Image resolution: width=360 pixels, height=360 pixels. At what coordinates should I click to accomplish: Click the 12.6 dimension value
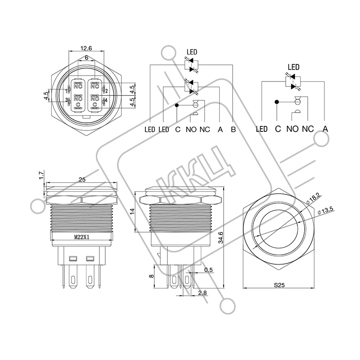pos(86,48)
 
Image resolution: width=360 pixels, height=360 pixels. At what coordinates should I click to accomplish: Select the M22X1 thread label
pos(81,237)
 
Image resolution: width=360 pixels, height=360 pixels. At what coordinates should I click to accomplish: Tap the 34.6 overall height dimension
pos(220,238)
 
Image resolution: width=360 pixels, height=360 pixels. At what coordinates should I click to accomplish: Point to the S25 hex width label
pos(279,285)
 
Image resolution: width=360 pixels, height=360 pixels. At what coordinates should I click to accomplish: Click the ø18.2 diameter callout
pos(313,198)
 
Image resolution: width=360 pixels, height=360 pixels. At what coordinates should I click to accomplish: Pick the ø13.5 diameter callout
pos(325,211)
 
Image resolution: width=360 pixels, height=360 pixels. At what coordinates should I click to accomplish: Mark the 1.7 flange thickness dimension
pos(41,175)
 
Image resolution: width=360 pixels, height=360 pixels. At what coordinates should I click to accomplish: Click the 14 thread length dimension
pos(132,211)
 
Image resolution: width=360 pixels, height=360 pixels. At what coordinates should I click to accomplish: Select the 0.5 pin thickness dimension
pos(208,270)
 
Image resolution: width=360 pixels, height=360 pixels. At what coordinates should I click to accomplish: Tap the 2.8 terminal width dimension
pos(202,293)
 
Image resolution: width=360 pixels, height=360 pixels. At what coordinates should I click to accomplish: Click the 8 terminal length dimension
pos(151,276)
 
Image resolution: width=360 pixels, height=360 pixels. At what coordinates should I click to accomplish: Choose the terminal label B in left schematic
pos(233,130)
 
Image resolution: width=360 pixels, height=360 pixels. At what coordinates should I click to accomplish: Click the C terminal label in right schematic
pos(278,129)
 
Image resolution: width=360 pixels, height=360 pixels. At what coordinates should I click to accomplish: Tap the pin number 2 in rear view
pos(107,91)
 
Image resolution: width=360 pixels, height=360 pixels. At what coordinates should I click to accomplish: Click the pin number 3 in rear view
pos(66,100)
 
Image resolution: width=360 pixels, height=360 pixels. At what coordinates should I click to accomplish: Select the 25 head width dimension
pos(82,179)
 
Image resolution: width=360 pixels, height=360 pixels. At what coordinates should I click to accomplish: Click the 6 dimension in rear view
pos(86,58)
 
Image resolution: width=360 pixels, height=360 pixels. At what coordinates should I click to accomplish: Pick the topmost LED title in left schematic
pos(192,52)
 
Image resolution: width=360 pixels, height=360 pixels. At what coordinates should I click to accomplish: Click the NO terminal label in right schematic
pos(292,129)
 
